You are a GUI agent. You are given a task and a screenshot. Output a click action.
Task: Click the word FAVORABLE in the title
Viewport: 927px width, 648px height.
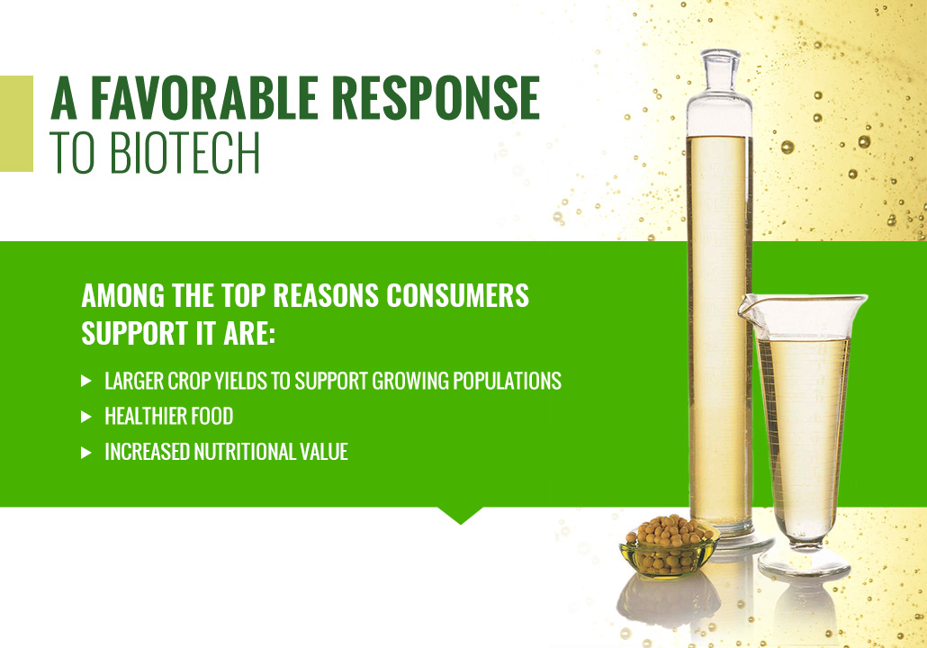pyautogui.click(x=204, y=97)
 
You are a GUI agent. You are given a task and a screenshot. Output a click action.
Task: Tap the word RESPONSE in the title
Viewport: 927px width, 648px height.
pyautogui.click(x=436, y=97)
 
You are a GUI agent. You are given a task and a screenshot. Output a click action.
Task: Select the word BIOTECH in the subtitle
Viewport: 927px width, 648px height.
pyautogui.click(x=184, y=152)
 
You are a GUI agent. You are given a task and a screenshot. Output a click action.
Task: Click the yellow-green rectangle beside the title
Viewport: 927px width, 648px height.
pyautogui.click(x=16, y=123)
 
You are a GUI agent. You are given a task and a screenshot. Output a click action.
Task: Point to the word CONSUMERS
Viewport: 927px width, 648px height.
pyautogui.click(x=457, y=295)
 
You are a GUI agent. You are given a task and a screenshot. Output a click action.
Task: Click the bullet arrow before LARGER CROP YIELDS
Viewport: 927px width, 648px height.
pyautogui.click(x=86, y=382)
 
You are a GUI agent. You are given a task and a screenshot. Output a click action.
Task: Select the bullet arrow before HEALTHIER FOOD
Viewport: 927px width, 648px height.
pyautogui.click(x=86, y=417)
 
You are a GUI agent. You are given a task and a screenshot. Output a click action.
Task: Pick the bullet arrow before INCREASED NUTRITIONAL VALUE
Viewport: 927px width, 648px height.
pyautogui.click(x=86, y=453)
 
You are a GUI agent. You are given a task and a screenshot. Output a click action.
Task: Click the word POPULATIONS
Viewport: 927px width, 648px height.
pyautogui.click(x=508, y=382)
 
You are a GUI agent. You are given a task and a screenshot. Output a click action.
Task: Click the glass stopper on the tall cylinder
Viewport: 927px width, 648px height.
pyautogui.click(x=720, y=71)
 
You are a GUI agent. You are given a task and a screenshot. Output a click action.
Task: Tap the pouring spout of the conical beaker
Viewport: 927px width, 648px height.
pyautogui.click(x=747, y=308)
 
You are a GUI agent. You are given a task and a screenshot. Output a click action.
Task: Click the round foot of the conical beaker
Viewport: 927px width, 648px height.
pyautogui.click(x=804, y=565)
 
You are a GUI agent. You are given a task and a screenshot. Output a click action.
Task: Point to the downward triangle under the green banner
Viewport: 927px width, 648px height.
pyautogui.click(x=461, y=515)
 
